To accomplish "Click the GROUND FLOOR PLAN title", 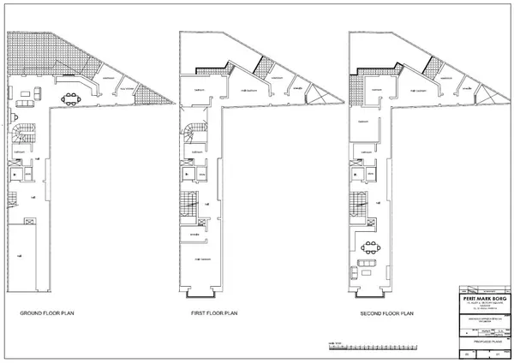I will click(x=48, y=314).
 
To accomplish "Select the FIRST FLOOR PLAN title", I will click(x=214, y=314).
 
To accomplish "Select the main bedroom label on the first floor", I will click(x=203, y=259).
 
